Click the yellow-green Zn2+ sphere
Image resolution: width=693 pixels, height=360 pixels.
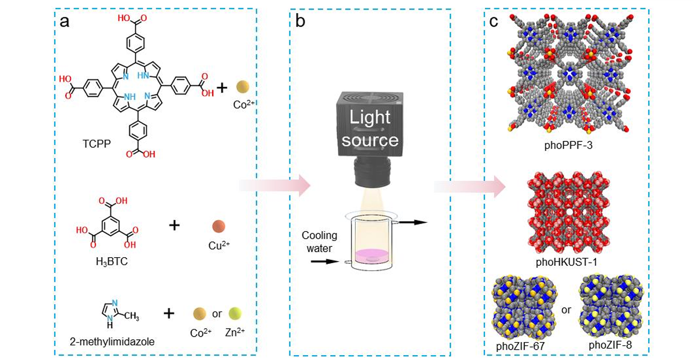pos(235,313)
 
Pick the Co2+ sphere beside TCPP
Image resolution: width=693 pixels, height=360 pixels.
pos(243,88)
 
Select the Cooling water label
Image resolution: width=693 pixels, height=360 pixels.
pos(320,241)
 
